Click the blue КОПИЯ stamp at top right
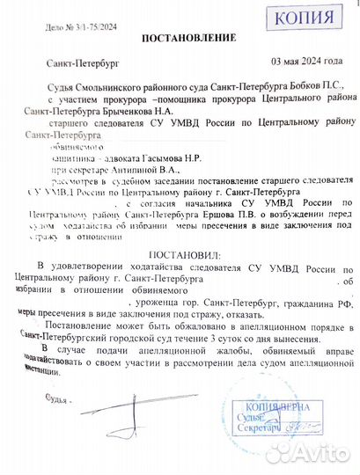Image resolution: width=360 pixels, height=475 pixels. coord(304,16)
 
